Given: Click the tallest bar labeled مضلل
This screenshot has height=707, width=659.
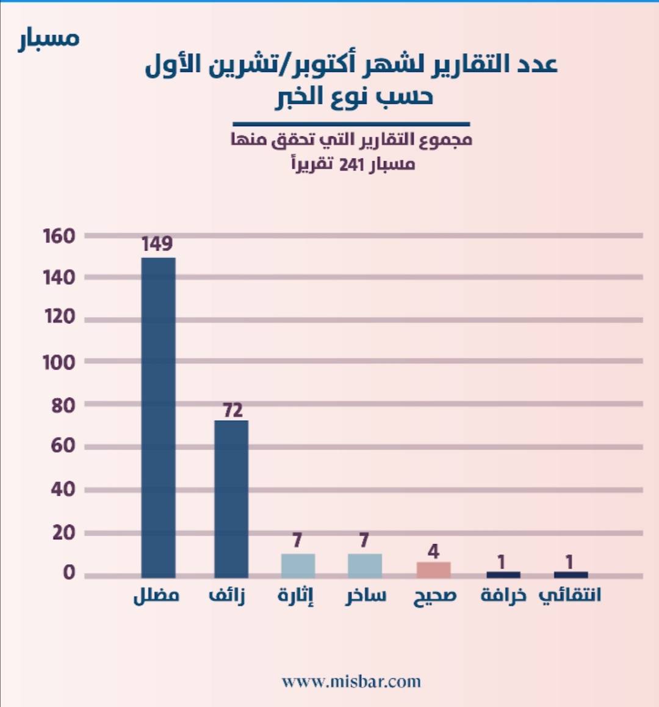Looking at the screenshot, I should (158, 417).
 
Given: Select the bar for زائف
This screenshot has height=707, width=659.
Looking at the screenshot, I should (231, 498).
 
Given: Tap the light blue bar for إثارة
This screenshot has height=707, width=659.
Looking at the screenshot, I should (298, 565).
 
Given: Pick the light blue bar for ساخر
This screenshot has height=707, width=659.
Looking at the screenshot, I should (365, 565).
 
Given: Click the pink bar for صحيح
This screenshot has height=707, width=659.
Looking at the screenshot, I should (433, 570).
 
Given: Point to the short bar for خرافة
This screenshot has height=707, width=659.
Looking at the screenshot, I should (503, 575).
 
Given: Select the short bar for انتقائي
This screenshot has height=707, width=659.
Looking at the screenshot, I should (571, 575).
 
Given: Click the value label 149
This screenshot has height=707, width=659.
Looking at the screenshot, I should (157, 244).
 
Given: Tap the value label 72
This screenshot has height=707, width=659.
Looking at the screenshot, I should (232, 410).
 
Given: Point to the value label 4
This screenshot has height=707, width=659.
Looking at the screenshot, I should (433, 551).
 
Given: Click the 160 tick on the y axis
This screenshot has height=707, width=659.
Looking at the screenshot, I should (59, 236).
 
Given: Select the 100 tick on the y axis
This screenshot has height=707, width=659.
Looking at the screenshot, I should (59, 363).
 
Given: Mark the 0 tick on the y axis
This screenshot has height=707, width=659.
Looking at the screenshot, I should (69, 573).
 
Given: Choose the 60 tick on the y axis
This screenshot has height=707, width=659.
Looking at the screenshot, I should (63, 446).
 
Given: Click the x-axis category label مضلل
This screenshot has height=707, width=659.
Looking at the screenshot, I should (156, 595).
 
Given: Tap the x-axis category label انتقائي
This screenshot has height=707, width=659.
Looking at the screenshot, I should (570, 595).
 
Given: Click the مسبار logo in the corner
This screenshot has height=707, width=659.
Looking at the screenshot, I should (49, 38).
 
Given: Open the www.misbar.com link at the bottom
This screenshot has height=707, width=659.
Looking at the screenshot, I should (351, 681).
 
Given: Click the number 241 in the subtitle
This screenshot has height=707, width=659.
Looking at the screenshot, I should (352, 165).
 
